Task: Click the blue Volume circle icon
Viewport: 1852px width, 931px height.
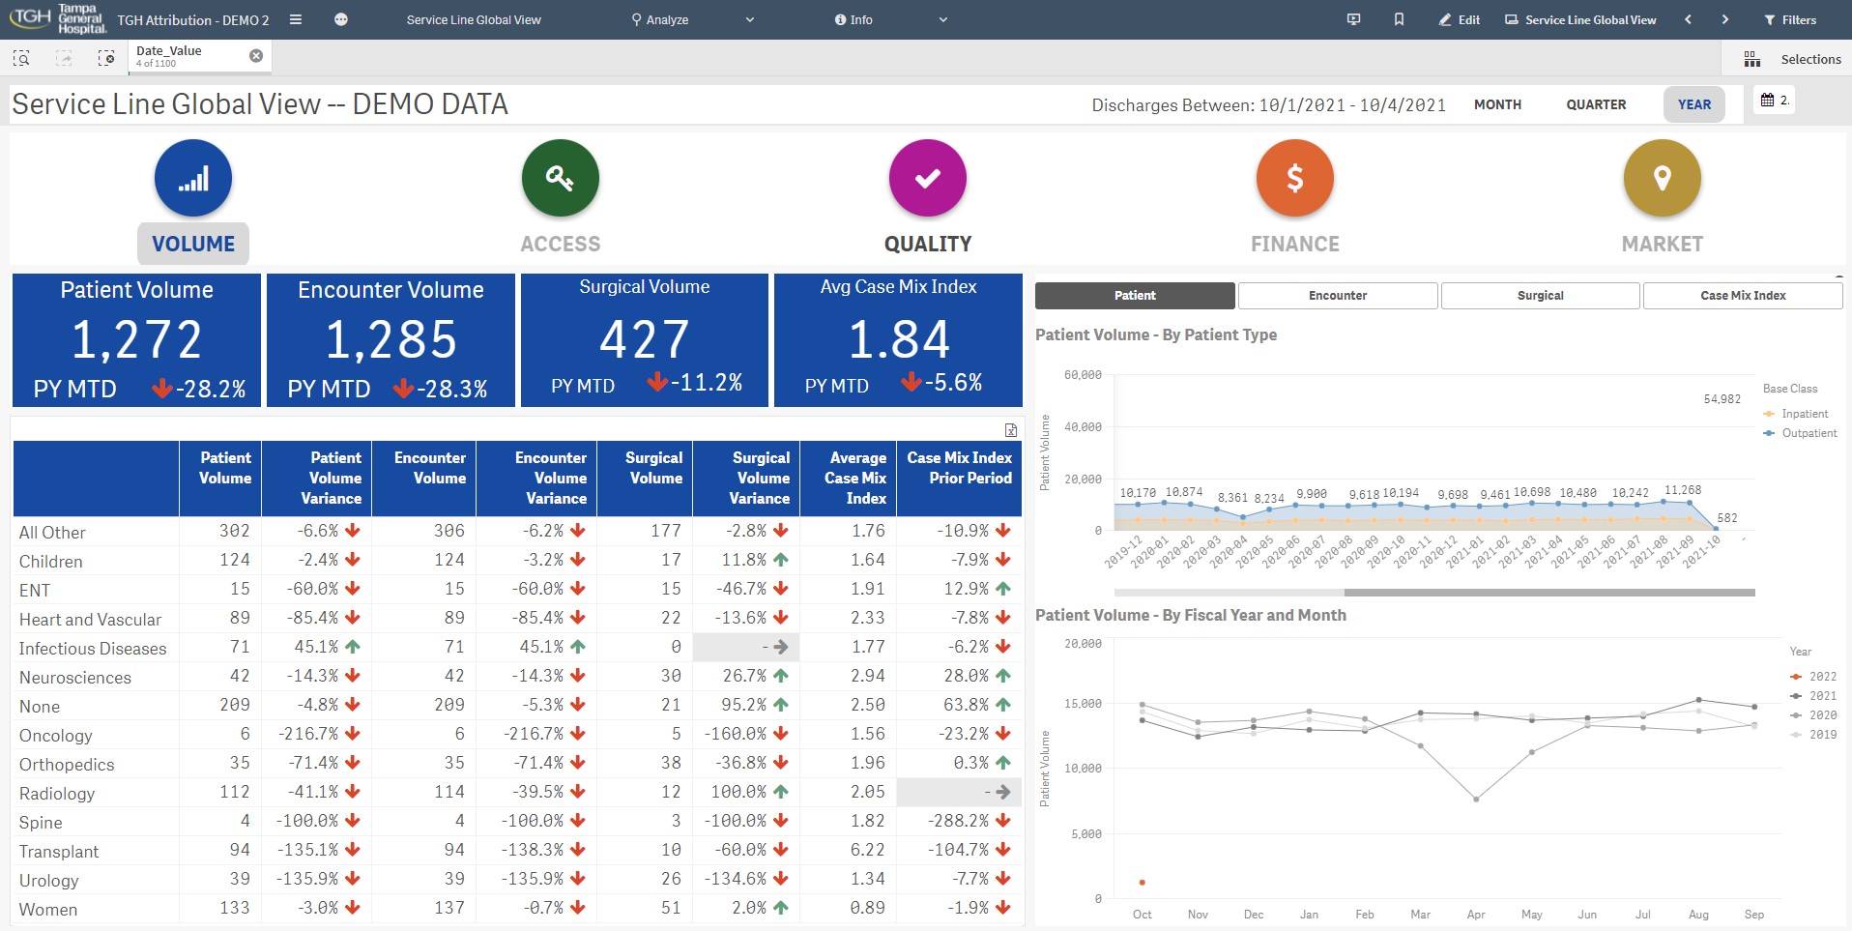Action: (x=193, y=178)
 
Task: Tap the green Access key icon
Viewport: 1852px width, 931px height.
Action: (x=561, y=178)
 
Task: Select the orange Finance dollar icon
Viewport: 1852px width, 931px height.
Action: (x=1295, y=178)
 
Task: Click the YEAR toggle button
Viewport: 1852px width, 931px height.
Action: (x=1693, y=104)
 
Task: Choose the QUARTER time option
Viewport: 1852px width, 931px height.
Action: (x=1596, y=104)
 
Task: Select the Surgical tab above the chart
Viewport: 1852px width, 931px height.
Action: (x=1540, y=296)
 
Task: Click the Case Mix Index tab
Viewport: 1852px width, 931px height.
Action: (x=1743, y=296)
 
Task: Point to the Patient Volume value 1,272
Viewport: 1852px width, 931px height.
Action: (x=136, y=340)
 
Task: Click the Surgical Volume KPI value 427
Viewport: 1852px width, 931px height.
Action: (x=644, y=340)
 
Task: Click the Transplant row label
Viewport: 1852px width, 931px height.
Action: (x=59, y=852)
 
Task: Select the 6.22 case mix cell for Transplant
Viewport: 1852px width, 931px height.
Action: (x=867, y=850)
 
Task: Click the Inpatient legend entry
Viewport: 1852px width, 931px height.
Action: (x=1804, y=414)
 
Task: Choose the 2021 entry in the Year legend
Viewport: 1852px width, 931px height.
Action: (x=1822, y=696)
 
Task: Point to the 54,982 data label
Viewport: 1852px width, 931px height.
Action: (x=1722, y=399)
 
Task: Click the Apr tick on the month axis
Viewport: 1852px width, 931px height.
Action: (x=1476, y=915)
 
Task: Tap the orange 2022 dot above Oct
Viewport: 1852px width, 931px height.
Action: (x=1143, y=883)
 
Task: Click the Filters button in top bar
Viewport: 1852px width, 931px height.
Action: (x=1790, y=19)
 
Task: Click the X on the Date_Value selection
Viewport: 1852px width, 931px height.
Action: (x=256, y=56)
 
